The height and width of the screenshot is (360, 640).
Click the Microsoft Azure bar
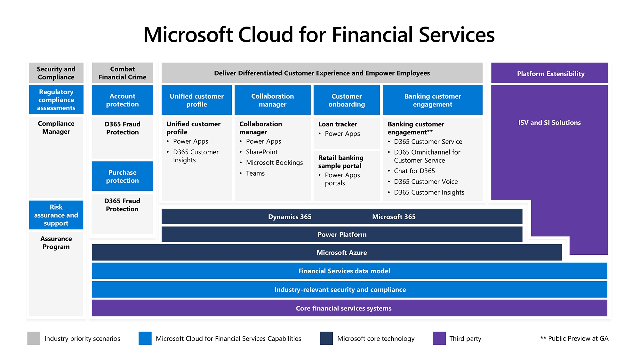click(x=327, y=252)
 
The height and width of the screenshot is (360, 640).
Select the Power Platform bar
click(x=342, y=234)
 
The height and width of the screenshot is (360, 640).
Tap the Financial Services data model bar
click(x=349, y=271)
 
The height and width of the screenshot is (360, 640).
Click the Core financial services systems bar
click(x=349, y=308)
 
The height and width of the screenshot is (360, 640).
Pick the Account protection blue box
click(x=122, y=100)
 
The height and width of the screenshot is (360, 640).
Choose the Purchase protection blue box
click(x=122, y=176)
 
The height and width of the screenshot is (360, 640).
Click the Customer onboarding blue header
click(x=347, y=100)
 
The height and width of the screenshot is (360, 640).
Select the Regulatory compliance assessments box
click(x=56, y=100)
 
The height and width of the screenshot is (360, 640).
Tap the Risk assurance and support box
click(x=56, y=215)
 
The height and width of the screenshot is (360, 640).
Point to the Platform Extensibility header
click(x=549, y=73)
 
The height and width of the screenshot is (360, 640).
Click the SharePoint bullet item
click(x=261, y=152)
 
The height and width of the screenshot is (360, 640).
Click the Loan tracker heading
click(x=338, y=124)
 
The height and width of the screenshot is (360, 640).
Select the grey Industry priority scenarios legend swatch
click(x=34, y=338)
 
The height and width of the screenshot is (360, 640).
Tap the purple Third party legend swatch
click(x=439, y=338)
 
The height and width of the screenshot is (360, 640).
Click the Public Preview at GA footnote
click(x=574, y=338)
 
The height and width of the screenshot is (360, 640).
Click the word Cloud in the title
click(x=266, y=35)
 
